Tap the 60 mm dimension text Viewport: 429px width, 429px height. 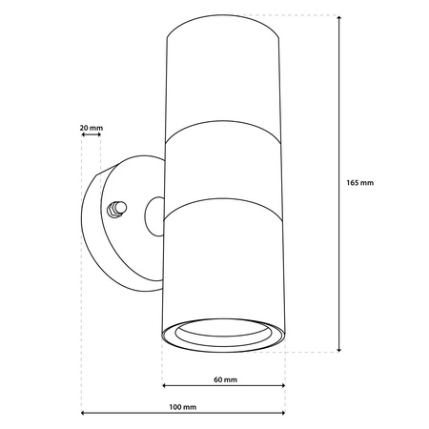(x=224, y=378)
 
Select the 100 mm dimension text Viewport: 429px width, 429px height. (x=183, y=407)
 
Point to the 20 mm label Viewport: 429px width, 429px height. (x=91, y=126)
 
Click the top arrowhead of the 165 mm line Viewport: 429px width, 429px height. (x=340, y=18)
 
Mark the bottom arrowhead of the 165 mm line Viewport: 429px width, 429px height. (x=340, y=349)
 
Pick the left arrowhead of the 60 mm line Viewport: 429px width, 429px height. (x=165, y=386)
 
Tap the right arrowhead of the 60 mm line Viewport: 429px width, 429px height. (x=282, y=386)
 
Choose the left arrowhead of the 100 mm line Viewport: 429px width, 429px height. (x=84, y=414)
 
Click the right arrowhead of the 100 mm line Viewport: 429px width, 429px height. (x=282, y=414)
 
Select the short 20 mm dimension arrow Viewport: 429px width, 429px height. (x=92, y=136)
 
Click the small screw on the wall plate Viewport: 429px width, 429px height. (x=119, y=207)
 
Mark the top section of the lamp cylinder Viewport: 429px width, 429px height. (x=224, y=86)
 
